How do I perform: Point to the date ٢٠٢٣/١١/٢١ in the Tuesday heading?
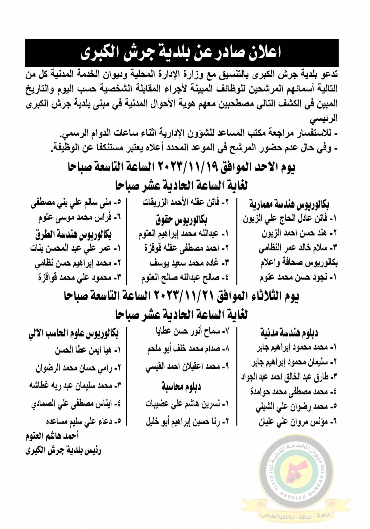pos(185,296)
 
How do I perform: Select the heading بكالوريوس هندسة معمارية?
pos(289,204)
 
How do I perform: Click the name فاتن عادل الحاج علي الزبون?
pos(290,219)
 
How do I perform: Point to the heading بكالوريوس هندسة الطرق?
pos(73,234)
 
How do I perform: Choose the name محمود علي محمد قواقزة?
pos(80,278)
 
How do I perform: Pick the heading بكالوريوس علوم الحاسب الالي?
pos(73,333)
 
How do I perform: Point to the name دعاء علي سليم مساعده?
pos(83,421)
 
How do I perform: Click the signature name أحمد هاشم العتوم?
pos(52,436)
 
